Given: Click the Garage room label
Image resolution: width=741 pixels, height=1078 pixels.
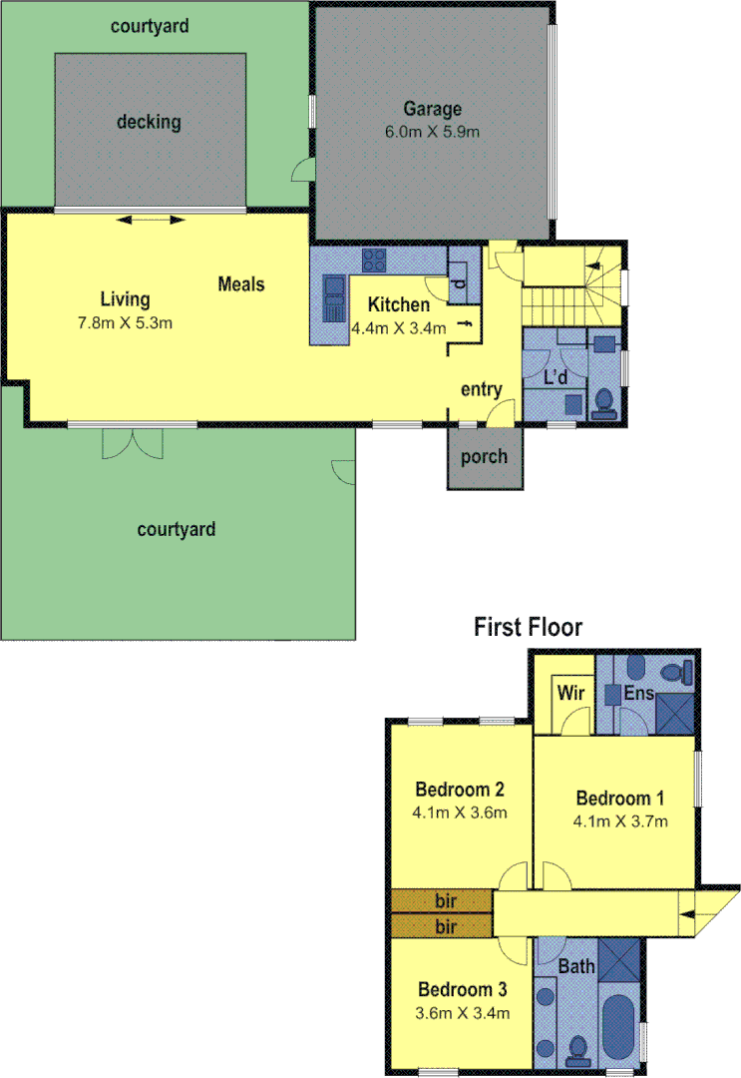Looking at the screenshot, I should (x=432, y=109).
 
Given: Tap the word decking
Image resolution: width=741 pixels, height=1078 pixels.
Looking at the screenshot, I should (x=149, y=122).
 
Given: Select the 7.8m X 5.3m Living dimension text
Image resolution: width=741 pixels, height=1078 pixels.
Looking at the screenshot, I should (x=126, y=322).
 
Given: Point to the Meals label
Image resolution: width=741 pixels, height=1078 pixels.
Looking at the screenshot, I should (x=241, y=284).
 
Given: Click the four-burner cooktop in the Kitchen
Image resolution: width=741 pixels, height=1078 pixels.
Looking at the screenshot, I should (x=376, y=261).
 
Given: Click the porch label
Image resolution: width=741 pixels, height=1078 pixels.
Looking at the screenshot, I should (x=484, y=457).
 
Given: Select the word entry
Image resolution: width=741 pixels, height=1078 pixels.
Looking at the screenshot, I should (x=481, y=389).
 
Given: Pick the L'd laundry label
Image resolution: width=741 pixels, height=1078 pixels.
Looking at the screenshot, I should (x=556, y=377).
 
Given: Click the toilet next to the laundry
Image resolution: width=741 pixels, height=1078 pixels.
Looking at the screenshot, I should (x=603, y=402).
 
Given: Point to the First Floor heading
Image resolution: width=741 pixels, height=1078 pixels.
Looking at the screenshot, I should (x=528, y=627).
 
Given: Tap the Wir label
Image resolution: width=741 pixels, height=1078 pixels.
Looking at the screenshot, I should (x=570, y=692).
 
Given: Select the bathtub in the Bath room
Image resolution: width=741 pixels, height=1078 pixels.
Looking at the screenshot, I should (x=618, y=1029).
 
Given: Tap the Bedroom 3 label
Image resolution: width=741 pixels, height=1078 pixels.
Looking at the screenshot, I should (x=463, y=990).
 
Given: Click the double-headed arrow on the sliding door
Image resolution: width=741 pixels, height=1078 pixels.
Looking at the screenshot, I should (x=150, y=221).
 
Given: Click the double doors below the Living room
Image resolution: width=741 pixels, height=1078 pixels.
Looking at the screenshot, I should (x=132, y=442).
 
